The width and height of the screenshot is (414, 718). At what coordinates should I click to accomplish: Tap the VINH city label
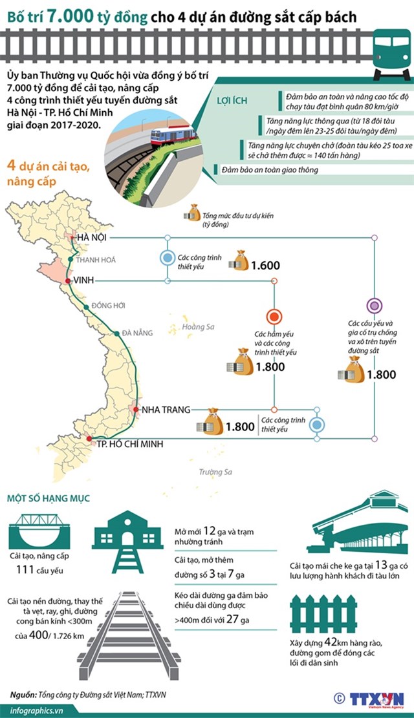click(85, 280)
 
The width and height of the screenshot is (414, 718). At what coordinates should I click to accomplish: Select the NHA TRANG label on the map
click(166, 410)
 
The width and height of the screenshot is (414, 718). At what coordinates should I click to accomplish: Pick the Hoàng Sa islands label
click(198, 327)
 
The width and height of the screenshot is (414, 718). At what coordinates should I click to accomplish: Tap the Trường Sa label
click(215, 472)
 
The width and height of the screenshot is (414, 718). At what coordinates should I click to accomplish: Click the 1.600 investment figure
click(265, 266)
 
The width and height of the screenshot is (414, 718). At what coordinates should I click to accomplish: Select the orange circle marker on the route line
click(274, 317)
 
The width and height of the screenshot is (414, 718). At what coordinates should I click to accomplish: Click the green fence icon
click(323, 613)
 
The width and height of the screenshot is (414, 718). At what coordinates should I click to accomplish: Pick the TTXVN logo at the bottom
click(376, 699)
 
